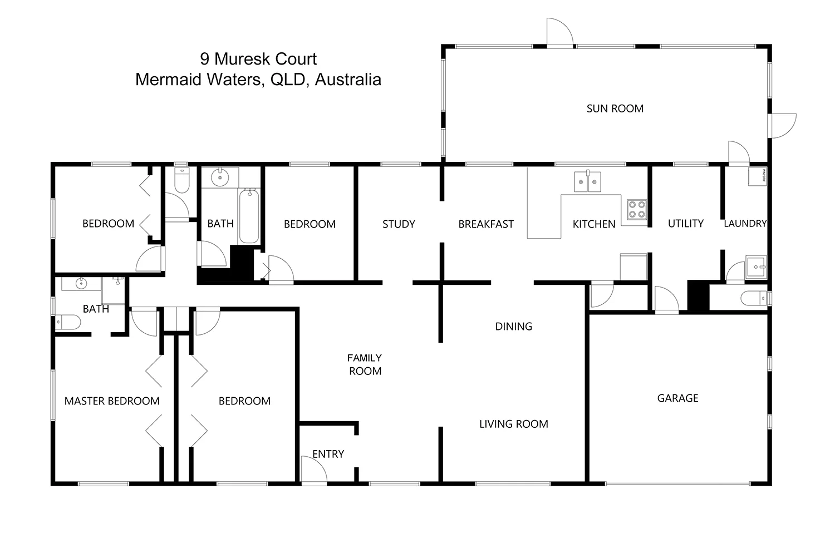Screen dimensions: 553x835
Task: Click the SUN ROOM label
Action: [x=615, y=108]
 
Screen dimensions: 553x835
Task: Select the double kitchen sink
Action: [x=588, y=181]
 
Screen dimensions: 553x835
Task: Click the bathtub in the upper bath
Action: [x=249, y=216]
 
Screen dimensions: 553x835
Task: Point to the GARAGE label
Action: [x=677, y=398]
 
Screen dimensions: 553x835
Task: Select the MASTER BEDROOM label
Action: [x=112, y=401]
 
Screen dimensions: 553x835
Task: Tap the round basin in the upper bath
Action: [x=220, y=178]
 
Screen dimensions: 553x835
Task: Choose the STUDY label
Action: [x=399, y=224]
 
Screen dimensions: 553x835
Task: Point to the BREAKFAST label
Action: [x=486, y=224]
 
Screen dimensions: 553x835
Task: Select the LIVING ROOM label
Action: [x=513, y=424]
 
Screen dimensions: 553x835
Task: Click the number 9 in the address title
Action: [x=205, y=59]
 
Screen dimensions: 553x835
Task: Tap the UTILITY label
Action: [x=685, y=223]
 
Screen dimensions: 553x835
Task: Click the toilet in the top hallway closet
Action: [x=181, y=179]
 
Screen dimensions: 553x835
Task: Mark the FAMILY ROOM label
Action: [x=365, y=364]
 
